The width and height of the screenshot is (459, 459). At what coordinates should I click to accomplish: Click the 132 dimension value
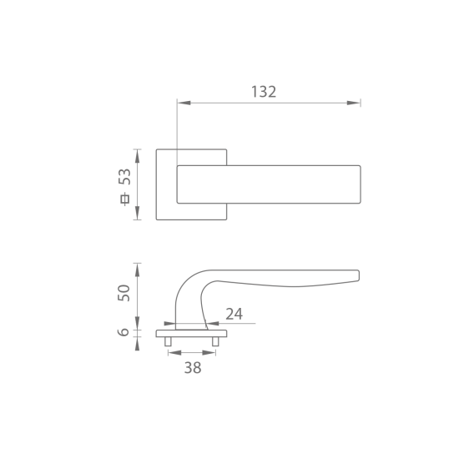[264, 92]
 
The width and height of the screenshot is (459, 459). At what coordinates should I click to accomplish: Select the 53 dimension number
[124, 177]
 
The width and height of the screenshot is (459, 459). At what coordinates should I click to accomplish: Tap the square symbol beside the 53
[125, 199]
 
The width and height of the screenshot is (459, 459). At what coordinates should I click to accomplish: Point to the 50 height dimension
[124, 293]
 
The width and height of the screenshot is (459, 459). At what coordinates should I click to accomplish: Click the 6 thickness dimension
[124, 332]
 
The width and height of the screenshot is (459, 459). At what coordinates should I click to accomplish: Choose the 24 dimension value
[235, 314]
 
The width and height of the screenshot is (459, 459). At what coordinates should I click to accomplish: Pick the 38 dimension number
[193, 368]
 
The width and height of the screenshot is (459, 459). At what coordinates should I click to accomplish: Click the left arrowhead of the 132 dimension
[184, 103]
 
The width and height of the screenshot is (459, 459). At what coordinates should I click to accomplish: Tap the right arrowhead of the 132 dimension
[353, 103]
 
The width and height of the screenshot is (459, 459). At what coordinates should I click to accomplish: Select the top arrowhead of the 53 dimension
[137, 156]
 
